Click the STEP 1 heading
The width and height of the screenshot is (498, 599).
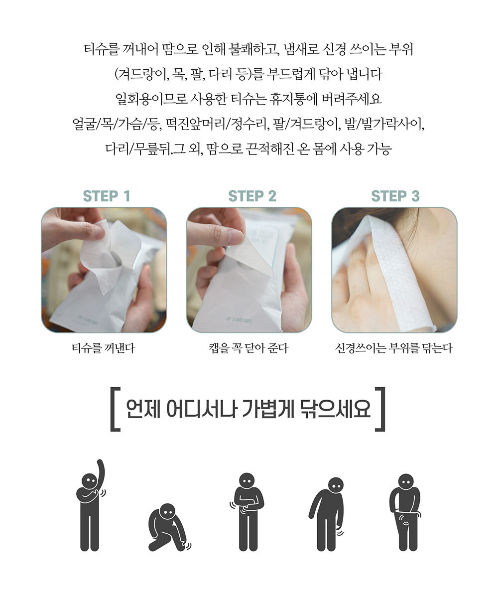pyautogui.click(x=107, y=196)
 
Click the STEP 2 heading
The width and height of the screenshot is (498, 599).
pyautogui.click(x=252, y=196)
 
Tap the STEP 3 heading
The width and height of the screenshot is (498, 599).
pyautogui.click(x=395, y=196)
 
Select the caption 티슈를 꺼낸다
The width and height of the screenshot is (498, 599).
pyautogui.click(x=103, y=348)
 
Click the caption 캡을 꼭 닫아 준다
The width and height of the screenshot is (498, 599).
pyautogui.click(x=249, y=348)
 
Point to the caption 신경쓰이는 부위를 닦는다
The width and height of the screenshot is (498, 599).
pyautogui.click(x=394, y=348)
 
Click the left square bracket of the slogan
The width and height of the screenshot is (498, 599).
pyautogui.click(x=115, y=409)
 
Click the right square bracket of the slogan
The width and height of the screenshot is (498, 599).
pyautogui.click(x=380, y=409)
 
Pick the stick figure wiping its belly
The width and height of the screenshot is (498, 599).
pyautogui.click(x=247, y=512)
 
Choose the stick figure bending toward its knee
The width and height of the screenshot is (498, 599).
pyautogui.click(x=327, y=515)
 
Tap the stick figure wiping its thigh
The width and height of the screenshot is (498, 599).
pyautogui.click(x=405, y=512)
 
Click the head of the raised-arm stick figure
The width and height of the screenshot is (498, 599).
pyautogui.click(x=89, y=481)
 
